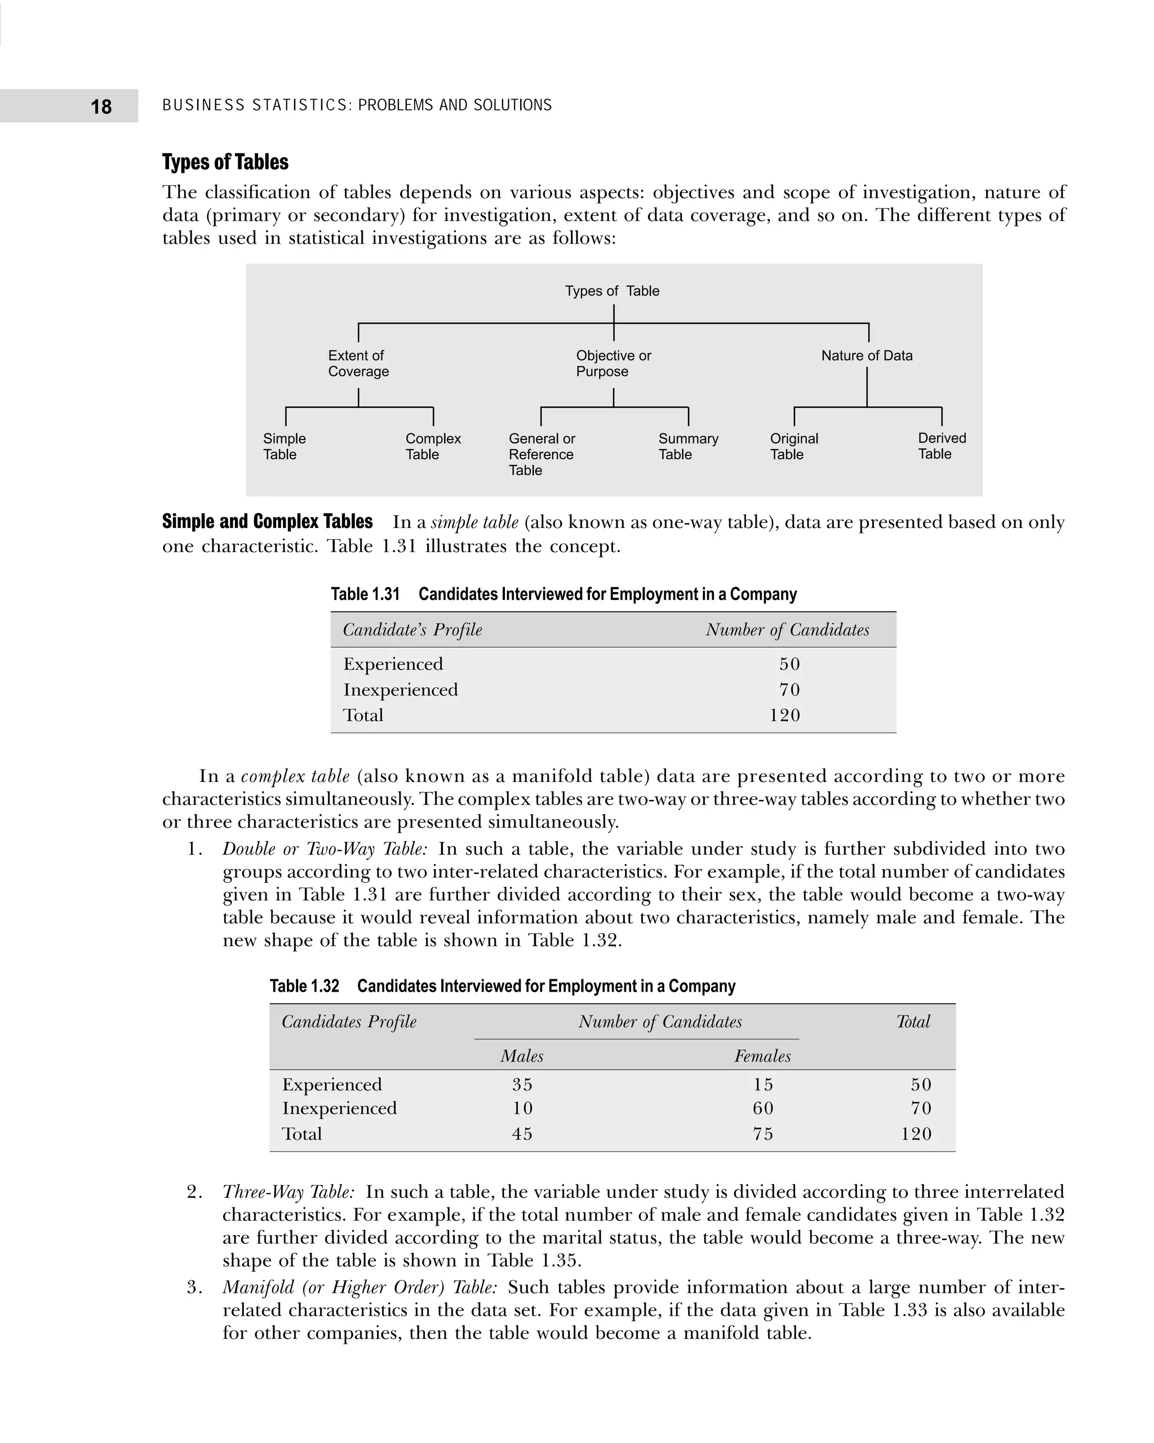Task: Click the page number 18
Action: click(101, 106)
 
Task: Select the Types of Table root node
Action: click(612, 291)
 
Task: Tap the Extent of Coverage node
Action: click(358, 363)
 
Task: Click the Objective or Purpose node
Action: click(613, 363)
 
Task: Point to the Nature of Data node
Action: click(867, 356)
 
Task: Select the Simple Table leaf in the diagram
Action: click(285, 446)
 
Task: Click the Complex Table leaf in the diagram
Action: click(433, 446)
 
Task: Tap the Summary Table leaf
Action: click(688, 446)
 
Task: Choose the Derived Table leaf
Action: click(942, 446)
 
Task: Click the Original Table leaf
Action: click(794, 446)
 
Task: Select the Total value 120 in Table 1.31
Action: click(784, 715)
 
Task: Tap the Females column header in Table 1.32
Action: click(762, 1056)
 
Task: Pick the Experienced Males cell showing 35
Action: click(522, 1084)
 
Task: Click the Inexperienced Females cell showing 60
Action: click(763, 1108)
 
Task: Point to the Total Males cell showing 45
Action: click(522, 1133)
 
